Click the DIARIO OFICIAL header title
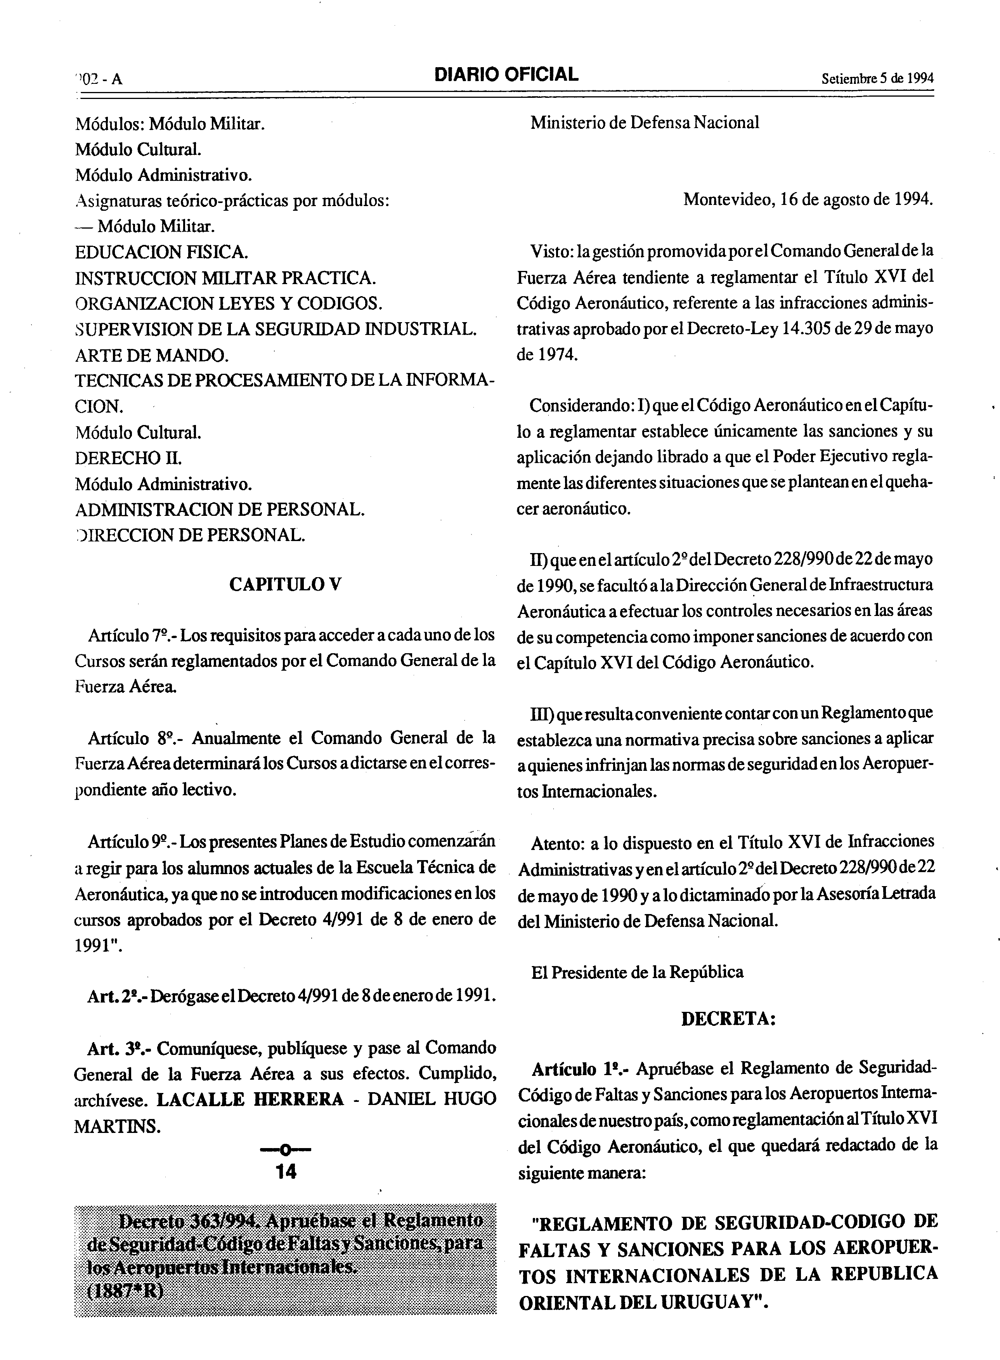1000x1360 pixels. pos(506,75)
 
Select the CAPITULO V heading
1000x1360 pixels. pos(285,585)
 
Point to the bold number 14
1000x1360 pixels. pos(286,1172)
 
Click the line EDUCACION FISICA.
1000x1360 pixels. pos(161,252)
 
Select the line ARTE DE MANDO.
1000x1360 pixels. pos(152,355)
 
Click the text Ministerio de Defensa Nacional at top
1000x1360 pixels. pos(645,123)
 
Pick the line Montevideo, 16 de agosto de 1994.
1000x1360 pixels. pos(808,199)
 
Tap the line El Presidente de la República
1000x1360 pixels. pos(638,973)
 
